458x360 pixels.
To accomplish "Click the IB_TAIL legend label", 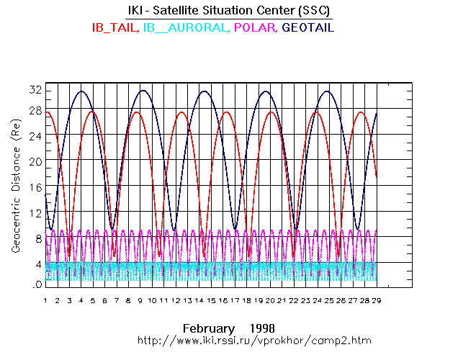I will click(115, 28).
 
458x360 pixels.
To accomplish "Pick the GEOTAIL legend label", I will click(308, 28).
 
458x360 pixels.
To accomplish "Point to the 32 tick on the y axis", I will click(35, 89).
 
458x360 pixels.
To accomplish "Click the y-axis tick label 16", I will click(35, 186).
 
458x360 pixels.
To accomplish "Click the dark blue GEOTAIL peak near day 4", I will click(82, 91).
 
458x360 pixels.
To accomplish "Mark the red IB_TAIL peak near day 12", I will click(181, 112).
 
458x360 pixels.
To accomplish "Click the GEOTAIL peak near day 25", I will click(328, 91).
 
